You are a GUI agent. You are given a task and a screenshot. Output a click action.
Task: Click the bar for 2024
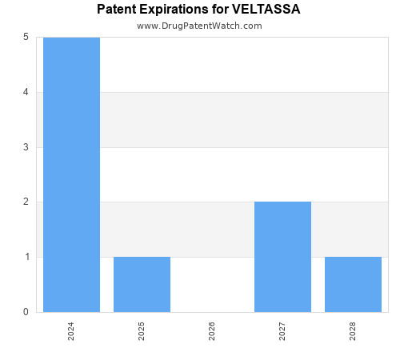click(x=71, y=174)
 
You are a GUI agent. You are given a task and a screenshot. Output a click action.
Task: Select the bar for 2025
click(x=142, y=284)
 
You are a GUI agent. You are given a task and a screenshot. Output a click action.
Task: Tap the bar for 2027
click(x=282, y=257)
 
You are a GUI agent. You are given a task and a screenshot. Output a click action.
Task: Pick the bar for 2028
click(x=353, y=284)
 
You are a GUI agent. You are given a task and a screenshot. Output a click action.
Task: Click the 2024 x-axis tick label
click(x=71, y=331)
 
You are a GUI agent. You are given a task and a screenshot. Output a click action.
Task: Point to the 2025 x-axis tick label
click(x=142, y=331)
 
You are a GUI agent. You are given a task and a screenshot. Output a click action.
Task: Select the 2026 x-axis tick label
click(x=212, y=331)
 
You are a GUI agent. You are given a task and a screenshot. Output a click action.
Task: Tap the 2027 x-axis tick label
click(x=282, y=331)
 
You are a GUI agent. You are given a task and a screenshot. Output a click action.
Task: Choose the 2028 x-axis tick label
click(x=353, y=331)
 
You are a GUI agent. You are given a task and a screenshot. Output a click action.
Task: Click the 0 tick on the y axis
click(x=26, y=312)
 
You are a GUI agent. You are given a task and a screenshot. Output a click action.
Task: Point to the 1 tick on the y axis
click(x=26, y=257)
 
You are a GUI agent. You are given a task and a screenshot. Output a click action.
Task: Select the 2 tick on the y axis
click(x=26, y=202)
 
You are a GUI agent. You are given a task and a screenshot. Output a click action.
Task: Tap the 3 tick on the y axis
click(x=26, y=147)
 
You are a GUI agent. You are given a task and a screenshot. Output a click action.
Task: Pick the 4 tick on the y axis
click(x=26, y=92)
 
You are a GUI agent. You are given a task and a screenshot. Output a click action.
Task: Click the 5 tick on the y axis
click(x=26, y=37)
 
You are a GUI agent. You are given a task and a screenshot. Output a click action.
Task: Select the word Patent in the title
click(x=117, y=10)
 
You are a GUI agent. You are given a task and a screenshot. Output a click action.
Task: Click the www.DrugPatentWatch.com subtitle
click(x=199, y=26)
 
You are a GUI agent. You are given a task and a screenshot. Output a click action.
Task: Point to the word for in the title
click(x=221, y=10)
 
